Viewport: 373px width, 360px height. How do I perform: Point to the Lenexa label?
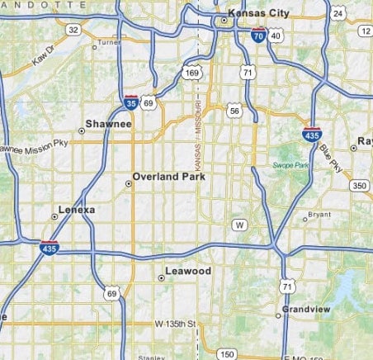(78, 211)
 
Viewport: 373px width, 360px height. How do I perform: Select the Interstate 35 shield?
(131, 102)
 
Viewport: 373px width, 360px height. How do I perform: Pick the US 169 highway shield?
(192, 74)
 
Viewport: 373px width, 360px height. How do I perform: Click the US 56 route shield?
(235, 110)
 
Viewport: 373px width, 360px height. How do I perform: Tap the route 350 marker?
(358, 185)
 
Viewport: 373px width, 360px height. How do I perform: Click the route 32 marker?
(73, 30)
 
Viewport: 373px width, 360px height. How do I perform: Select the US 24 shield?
(337, 14)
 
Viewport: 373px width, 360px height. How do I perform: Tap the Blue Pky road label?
(332, 158)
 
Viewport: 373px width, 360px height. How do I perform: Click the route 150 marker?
(227, 354)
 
